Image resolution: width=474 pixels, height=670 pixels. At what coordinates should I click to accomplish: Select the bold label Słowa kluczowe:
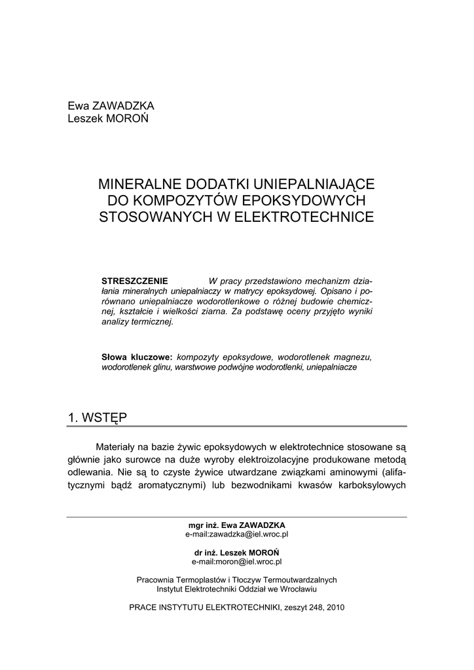(137, 357)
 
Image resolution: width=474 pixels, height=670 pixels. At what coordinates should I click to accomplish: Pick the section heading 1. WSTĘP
(98, 417)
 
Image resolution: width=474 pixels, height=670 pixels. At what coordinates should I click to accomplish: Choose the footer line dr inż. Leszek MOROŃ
(237, 552)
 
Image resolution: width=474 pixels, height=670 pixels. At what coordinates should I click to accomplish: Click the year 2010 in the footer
(334, 607)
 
